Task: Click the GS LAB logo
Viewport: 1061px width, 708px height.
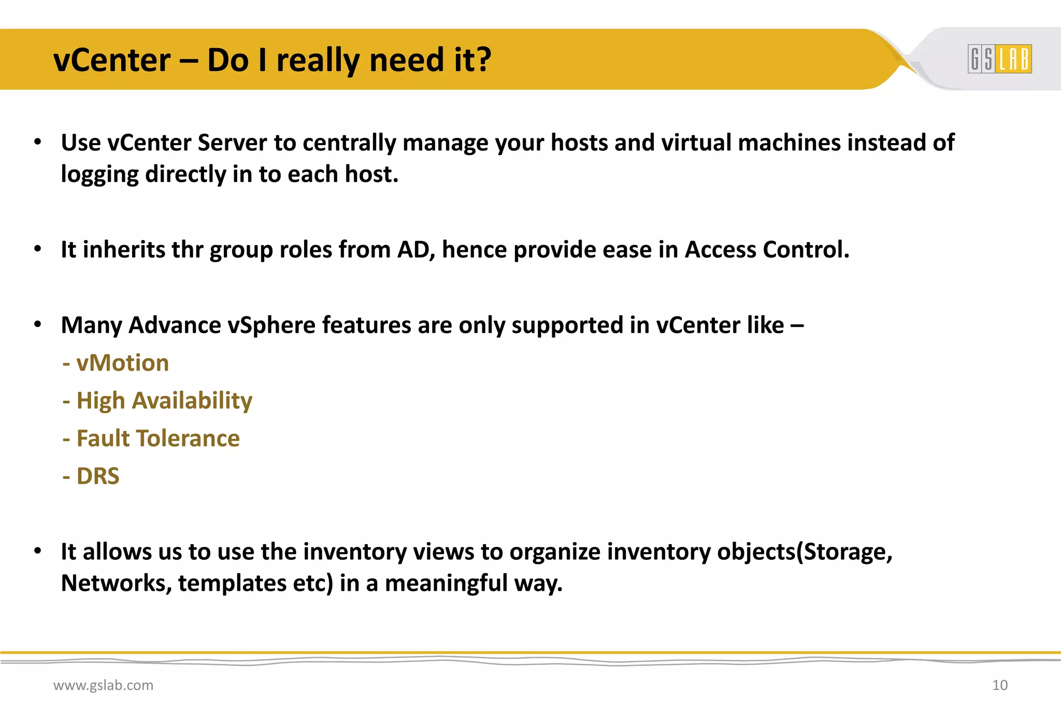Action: [999, 59]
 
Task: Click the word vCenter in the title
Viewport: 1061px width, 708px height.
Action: [112, 60]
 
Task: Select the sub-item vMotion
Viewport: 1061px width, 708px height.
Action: [122, 363]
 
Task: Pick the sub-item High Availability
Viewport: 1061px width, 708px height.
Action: [164, 401]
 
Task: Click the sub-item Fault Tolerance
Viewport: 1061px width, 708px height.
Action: [158, 438]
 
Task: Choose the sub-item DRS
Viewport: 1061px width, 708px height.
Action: [97, 476]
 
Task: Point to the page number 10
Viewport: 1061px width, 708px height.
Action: [999, 685]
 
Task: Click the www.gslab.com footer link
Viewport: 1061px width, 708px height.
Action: [103, 685]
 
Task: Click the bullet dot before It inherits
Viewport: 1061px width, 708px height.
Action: [38, 249]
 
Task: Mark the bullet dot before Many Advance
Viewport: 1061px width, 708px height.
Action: [38, 325]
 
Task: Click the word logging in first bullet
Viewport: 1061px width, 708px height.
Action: [99, 175]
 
